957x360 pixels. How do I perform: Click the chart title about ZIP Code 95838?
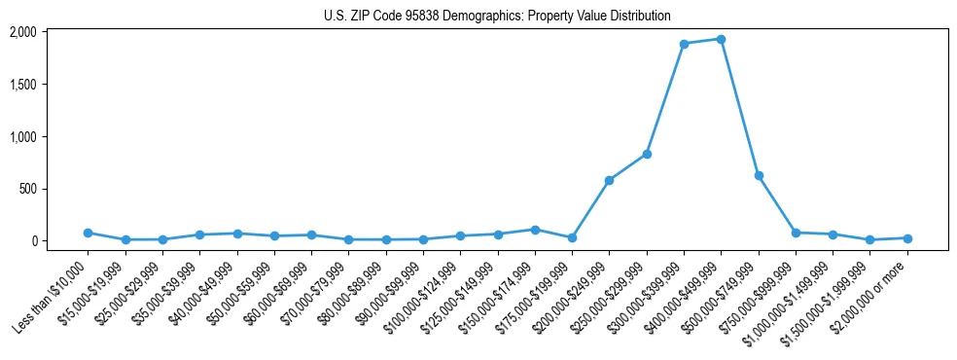pyautogui.click(x=497, y=16)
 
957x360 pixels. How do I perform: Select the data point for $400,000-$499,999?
pyautogui.click(x=721, y=39)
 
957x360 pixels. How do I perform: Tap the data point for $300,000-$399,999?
pyautogui.click(x=684, y=44)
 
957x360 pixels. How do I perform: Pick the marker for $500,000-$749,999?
pyautogui.click(x=759, y=176)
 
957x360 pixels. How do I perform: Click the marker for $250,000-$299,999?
pyautogui.click(x=647, y=154)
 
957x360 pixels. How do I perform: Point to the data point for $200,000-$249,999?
pyautogui.click(x=609, y=180)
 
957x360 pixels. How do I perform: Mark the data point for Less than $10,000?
pyautogui.click(x=88, y=233)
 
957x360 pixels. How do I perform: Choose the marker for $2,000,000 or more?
pyautogui.click(x=907, y=238)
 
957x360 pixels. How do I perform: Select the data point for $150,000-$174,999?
pyautogui.click(x=535, y=230)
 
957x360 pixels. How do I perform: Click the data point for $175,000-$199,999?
pyautogui.click(x=572, y=237)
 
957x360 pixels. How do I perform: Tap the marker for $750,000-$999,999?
pyautogui.click(x=796, y=233)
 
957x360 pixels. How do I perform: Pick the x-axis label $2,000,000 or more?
pyautogui.click(x=871, y=293)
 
